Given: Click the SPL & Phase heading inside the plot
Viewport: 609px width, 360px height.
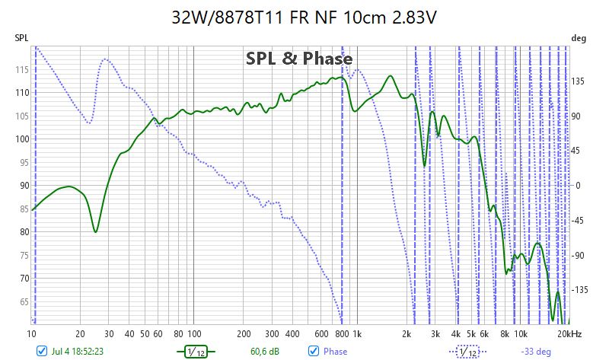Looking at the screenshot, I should coord(298,59).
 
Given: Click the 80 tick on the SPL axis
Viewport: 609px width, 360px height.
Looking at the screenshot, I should coord(23,232).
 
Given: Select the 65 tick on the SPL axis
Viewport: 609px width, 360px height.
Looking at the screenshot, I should coord(23,302).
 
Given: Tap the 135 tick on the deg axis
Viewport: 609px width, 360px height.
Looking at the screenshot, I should coord(579,82).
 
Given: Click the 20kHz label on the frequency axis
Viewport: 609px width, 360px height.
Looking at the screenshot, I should coord(569,334).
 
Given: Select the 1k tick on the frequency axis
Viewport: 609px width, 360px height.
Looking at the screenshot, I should coord(357,334).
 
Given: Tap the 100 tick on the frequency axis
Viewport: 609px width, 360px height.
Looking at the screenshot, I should coord(194,334).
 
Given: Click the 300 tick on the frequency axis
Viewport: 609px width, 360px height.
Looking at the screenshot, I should coord(272,334).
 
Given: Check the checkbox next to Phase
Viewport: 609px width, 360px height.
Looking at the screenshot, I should coord(313,351).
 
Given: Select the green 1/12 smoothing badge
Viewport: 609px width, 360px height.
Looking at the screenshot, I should coord(196,352).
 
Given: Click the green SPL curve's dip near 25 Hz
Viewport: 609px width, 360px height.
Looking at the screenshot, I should coord(95,231).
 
